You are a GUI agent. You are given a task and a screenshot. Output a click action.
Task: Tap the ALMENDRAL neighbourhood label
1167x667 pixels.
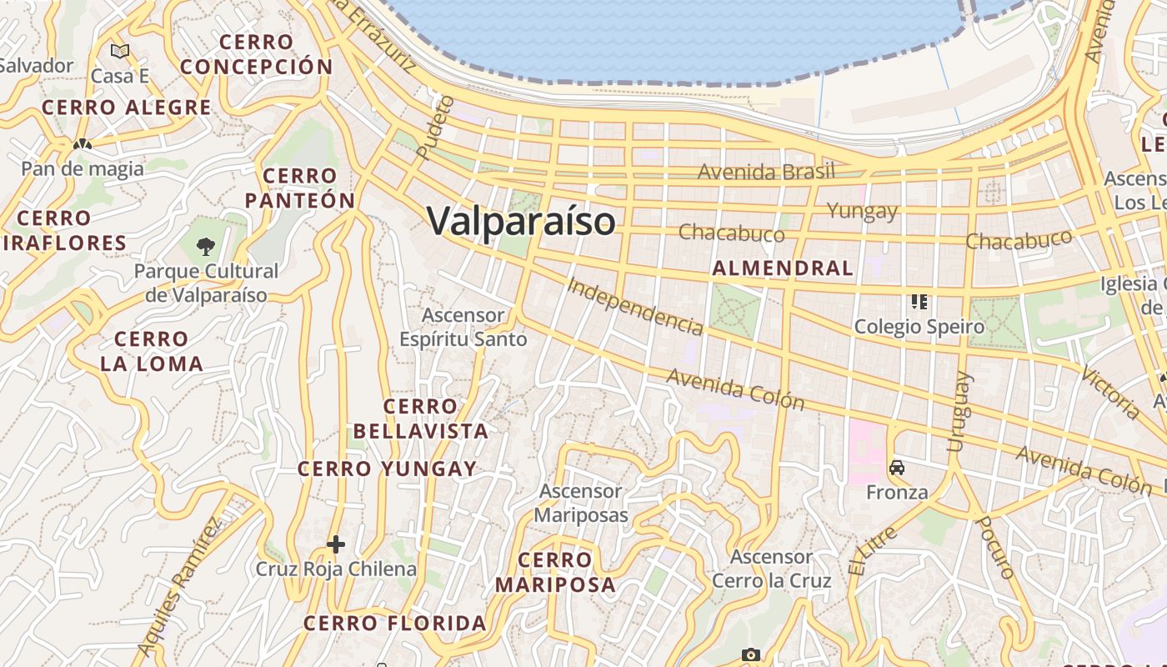tap(783, 268)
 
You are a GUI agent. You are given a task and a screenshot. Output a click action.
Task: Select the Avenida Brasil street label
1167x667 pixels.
tap(766, 173)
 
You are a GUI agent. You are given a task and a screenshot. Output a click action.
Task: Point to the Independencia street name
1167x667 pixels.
tap(635, 305)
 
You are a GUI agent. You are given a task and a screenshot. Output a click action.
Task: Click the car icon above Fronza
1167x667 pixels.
tap(897, 468)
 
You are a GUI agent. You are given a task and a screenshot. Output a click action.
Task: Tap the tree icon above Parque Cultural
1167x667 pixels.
tap(206, 247)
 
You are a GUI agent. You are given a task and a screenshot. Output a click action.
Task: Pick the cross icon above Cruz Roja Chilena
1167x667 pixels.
tap(336, 545)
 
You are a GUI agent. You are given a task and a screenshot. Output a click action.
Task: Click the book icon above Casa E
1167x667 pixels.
tap(120, 52)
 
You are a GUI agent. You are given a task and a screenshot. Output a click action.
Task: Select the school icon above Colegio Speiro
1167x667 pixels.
tap(919, 302)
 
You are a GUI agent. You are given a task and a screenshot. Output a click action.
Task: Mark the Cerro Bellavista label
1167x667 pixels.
tap(421, 419)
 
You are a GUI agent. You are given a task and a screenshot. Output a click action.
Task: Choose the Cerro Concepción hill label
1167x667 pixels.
tap(257, 54)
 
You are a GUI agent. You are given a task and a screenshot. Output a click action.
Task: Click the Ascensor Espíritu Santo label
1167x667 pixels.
tap(463, 328)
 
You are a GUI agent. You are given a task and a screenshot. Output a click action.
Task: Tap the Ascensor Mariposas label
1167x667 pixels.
tap(581, 503)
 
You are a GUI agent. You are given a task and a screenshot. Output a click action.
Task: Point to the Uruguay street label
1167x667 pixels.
tap(959, 412)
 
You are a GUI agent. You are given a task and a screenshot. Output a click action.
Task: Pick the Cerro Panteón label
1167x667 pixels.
tap(300, 188)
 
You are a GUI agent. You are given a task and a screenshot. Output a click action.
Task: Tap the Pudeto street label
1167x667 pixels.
tap(434, 128)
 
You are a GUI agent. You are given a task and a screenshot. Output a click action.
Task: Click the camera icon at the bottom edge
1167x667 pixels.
tap(751, 654)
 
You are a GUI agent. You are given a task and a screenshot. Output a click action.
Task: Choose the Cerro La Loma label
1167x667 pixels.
tap(152, 351)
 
